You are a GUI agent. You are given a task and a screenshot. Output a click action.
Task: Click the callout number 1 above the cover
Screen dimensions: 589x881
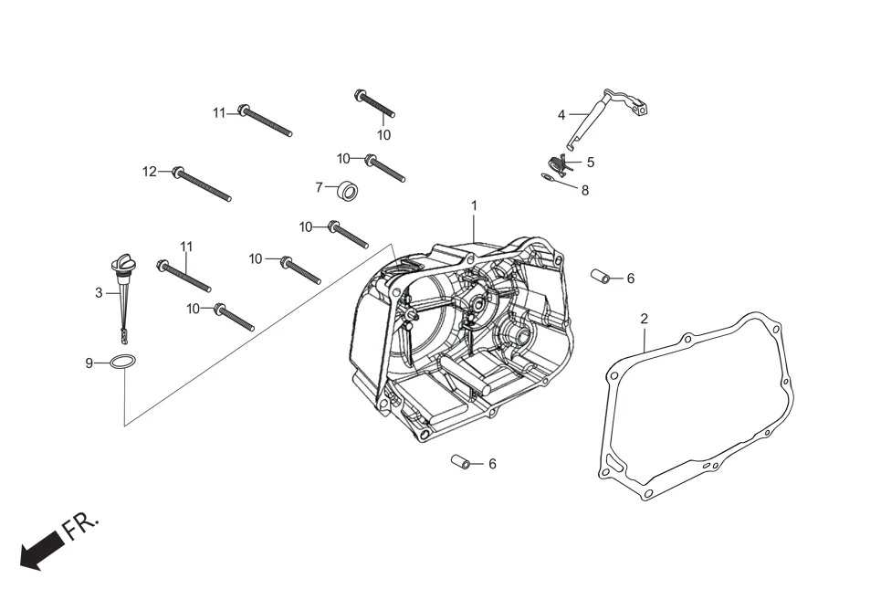(474, 205)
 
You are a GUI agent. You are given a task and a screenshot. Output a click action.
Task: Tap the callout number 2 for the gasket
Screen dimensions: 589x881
(644, 319)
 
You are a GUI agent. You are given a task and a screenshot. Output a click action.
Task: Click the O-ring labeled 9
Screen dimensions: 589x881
(124, 363)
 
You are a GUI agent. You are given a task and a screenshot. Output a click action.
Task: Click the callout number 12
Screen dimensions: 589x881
(150, 171)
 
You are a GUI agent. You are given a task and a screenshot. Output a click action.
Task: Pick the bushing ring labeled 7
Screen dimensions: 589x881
(347, 192)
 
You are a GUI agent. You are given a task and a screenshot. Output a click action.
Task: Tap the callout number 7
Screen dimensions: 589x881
(319, 187)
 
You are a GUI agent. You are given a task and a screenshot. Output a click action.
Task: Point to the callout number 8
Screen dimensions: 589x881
(585, 191)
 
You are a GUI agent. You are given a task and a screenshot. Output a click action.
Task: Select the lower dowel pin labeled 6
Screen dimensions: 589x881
(462, 462)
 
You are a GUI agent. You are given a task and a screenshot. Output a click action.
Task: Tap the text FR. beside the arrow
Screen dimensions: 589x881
(80, 525)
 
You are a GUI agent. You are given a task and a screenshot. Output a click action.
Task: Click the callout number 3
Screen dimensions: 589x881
(99, 293)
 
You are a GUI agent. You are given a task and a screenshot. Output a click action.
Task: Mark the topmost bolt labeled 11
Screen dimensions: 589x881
(265, 121)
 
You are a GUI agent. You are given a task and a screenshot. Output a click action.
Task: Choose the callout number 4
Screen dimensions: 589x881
(561, 115)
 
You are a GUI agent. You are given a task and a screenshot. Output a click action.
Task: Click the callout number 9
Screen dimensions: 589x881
(89, 363)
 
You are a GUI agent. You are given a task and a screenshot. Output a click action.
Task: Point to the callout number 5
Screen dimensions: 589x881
(591, 162)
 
